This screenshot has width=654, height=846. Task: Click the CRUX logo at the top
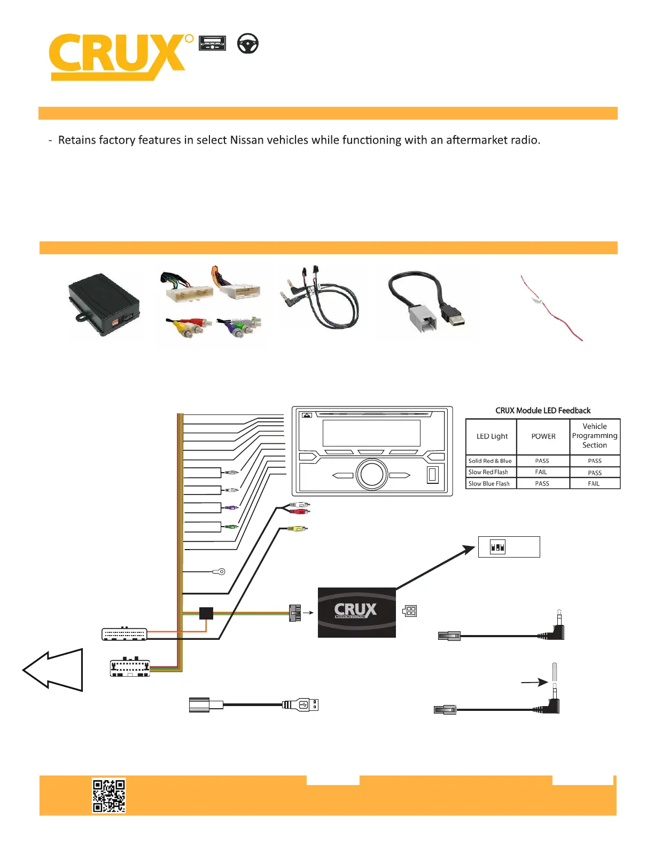coord(121,57)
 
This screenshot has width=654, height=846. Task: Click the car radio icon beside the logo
coord(212,43)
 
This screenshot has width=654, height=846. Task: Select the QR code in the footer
coord(108,795)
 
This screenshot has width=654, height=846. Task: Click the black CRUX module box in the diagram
coord(357,613)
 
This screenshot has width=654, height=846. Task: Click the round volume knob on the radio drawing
coord(371,474)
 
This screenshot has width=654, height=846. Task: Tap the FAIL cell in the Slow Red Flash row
coord(541,472)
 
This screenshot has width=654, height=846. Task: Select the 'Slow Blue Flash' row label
coord(489,483)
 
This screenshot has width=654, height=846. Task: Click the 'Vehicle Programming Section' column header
coord(594,436)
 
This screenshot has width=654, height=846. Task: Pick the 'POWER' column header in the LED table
coord(543,436)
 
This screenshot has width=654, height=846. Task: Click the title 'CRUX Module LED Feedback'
coord(543,410)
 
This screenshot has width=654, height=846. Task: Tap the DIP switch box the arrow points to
coord(509,547)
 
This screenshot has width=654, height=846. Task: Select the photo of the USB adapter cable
coord(427,303)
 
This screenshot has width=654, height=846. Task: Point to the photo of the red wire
coord(551,308)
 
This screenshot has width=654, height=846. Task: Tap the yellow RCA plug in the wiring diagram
coord(298,529)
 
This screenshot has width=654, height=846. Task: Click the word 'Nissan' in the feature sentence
coord(247,140)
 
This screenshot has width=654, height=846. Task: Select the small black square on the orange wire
coord(206,613)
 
